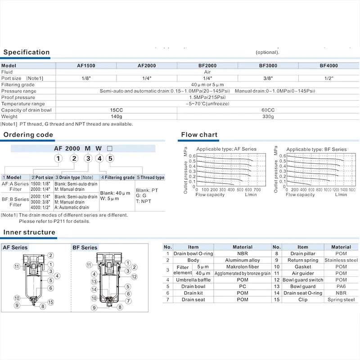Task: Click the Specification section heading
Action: pyautogui.click(x=27, y=52)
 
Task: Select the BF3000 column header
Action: pyautogui.click(x=268, y=66)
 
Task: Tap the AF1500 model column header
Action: pyautogui.click(x=86, y=66)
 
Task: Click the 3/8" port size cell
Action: pyautogui.click(x=268, y=78)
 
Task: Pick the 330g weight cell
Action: pyautogui.click(x=268, y=117)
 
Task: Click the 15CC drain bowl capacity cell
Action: pyautogui.click(x=117, y=110)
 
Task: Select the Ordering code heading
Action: pyautogui.click(x=28, y=135)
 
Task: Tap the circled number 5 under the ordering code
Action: pyautogui.click(x=110, y=158)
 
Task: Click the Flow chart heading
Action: pyautogui.click(x=199, y=135)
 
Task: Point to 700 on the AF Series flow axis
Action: pyautogui.click(x=257, y=190)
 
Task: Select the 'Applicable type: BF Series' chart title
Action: pyautogui.click(x=316, y=149)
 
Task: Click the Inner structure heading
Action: pyautogui.click(x=29, y=233)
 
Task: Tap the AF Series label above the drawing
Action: pyautogui.click(x=15, y=247)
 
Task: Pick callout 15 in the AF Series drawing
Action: pyautogui.click(x=51, y=302)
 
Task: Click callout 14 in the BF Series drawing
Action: pyautogui.click(x=94, y=289)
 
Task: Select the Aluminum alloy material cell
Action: pyautogui.click(x=243, y=260)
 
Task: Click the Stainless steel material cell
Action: pyautogui.click(x=341, y=260)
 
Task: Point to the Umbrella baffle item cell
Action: pyautogui.click(x=193, y=280)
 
